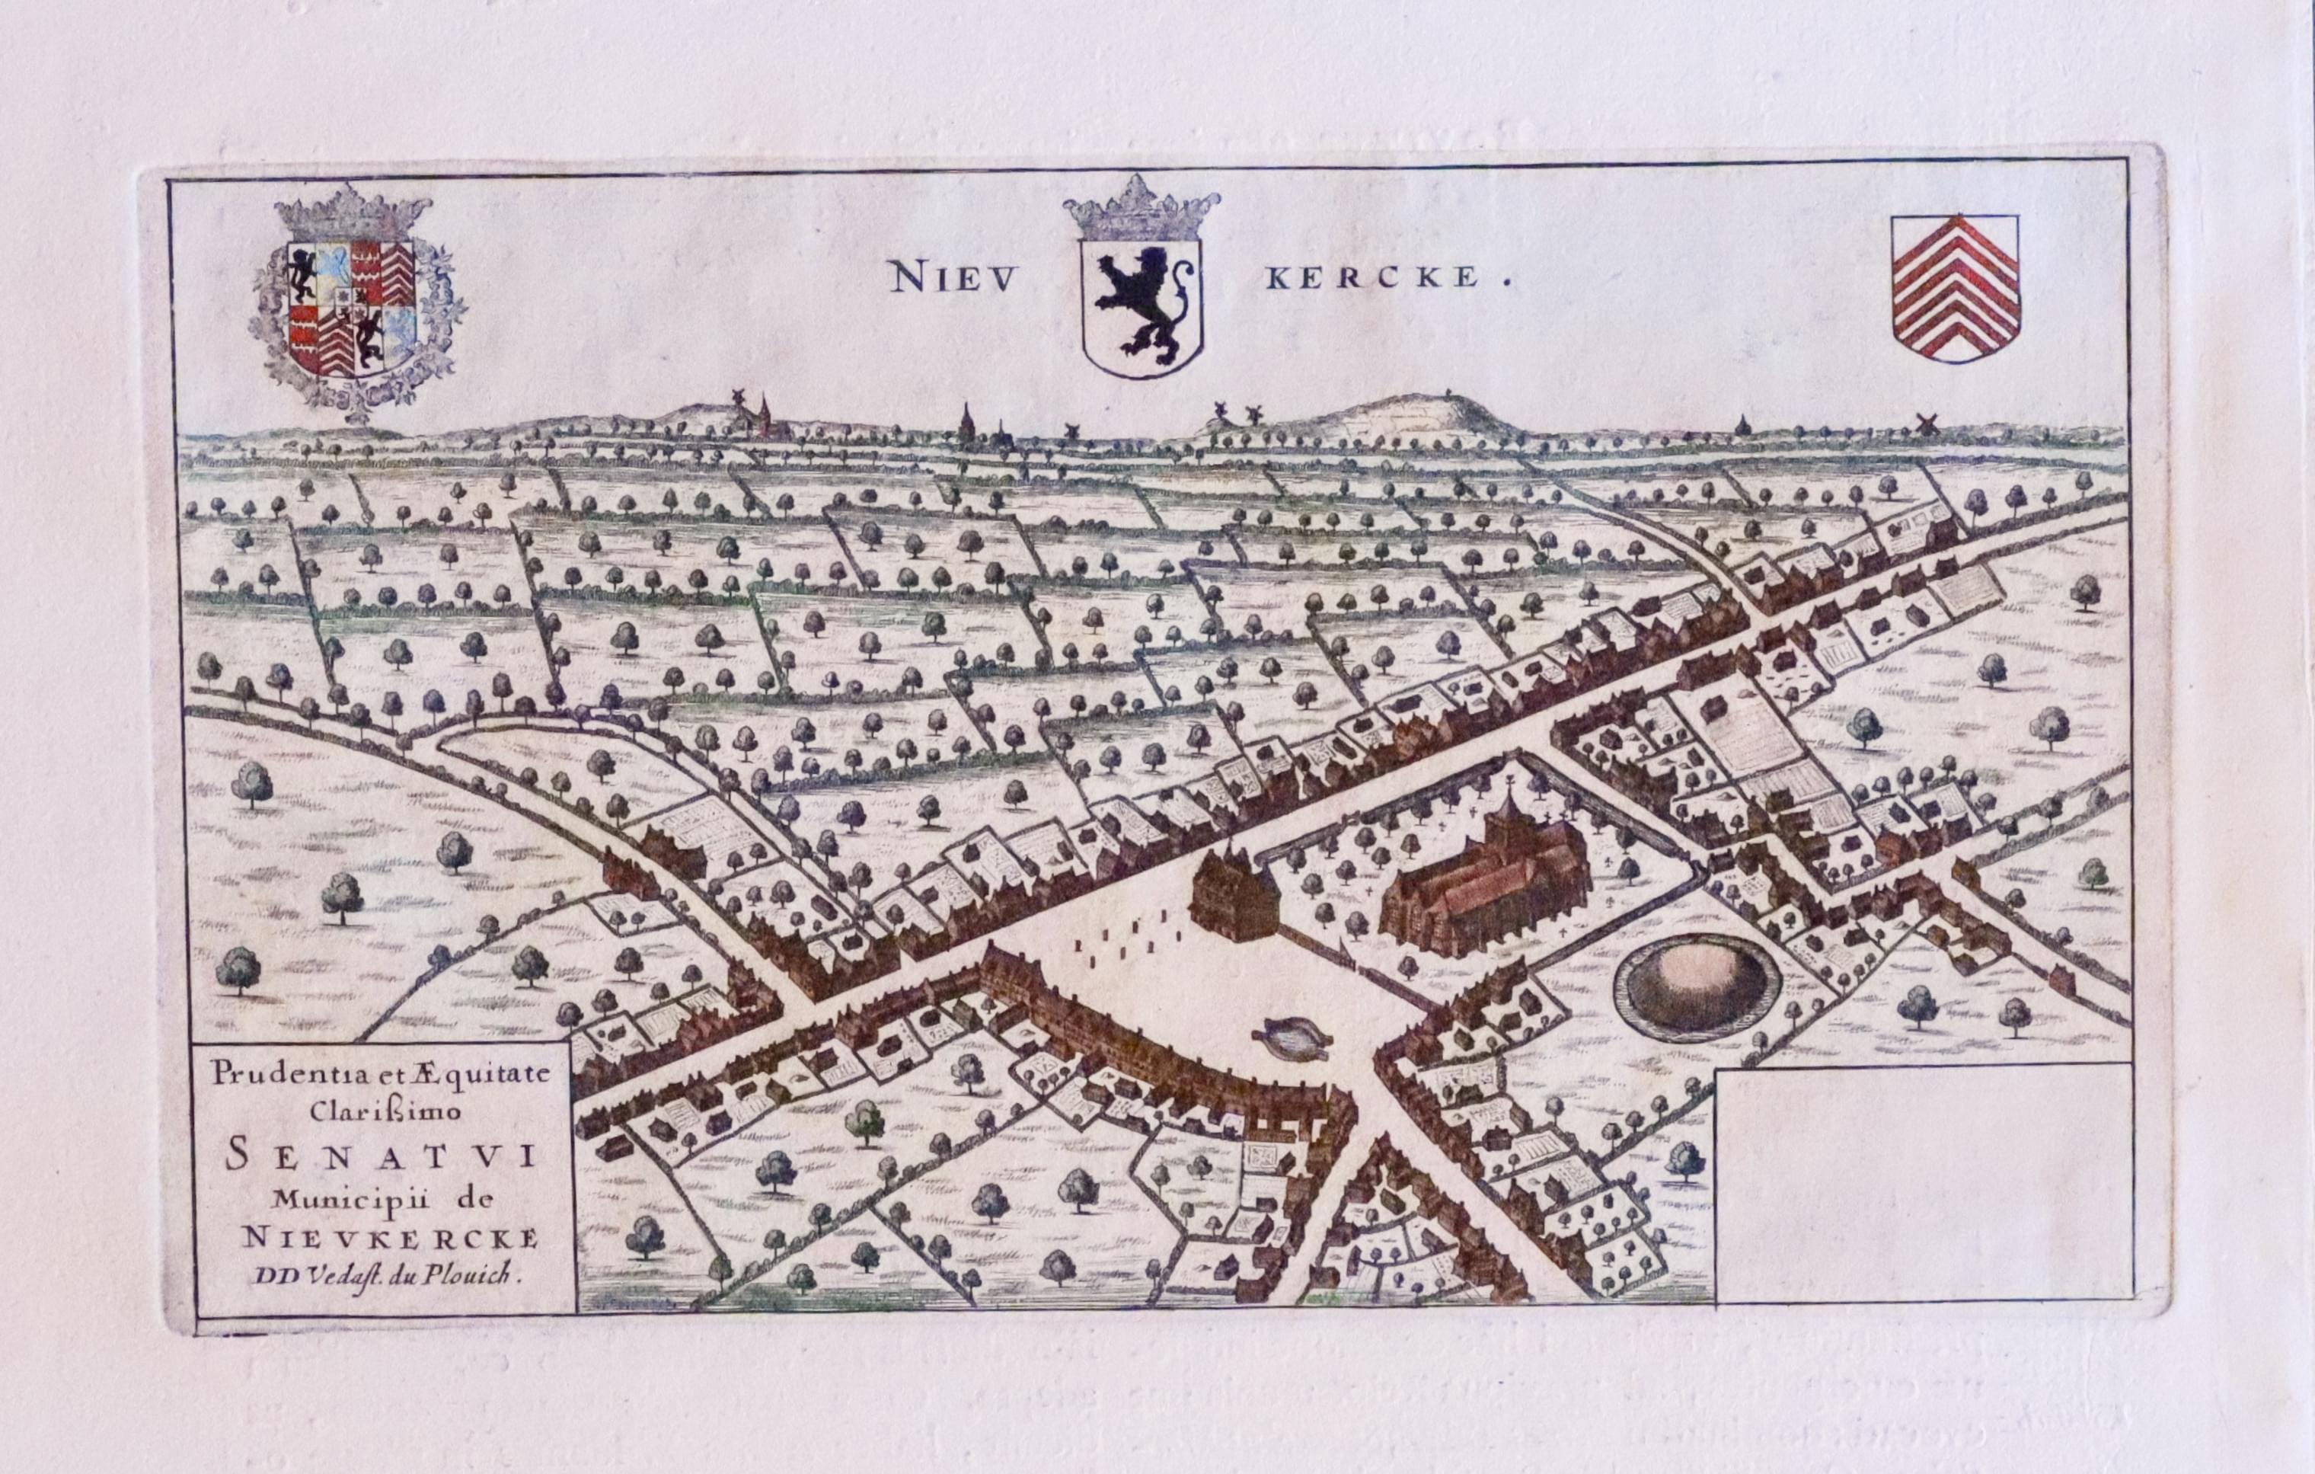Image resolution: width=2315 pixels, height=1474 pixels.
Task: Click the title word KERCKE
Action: pyautogui.click(x=1373, y=279)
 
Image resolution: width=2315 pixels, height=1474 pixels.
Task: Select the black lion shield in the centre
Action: pyautogui.click(x=1142, y=305)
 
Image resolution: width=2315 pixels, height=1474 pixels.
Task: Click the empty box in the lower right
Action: pyautogui.click(x=1923, y=1183)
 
